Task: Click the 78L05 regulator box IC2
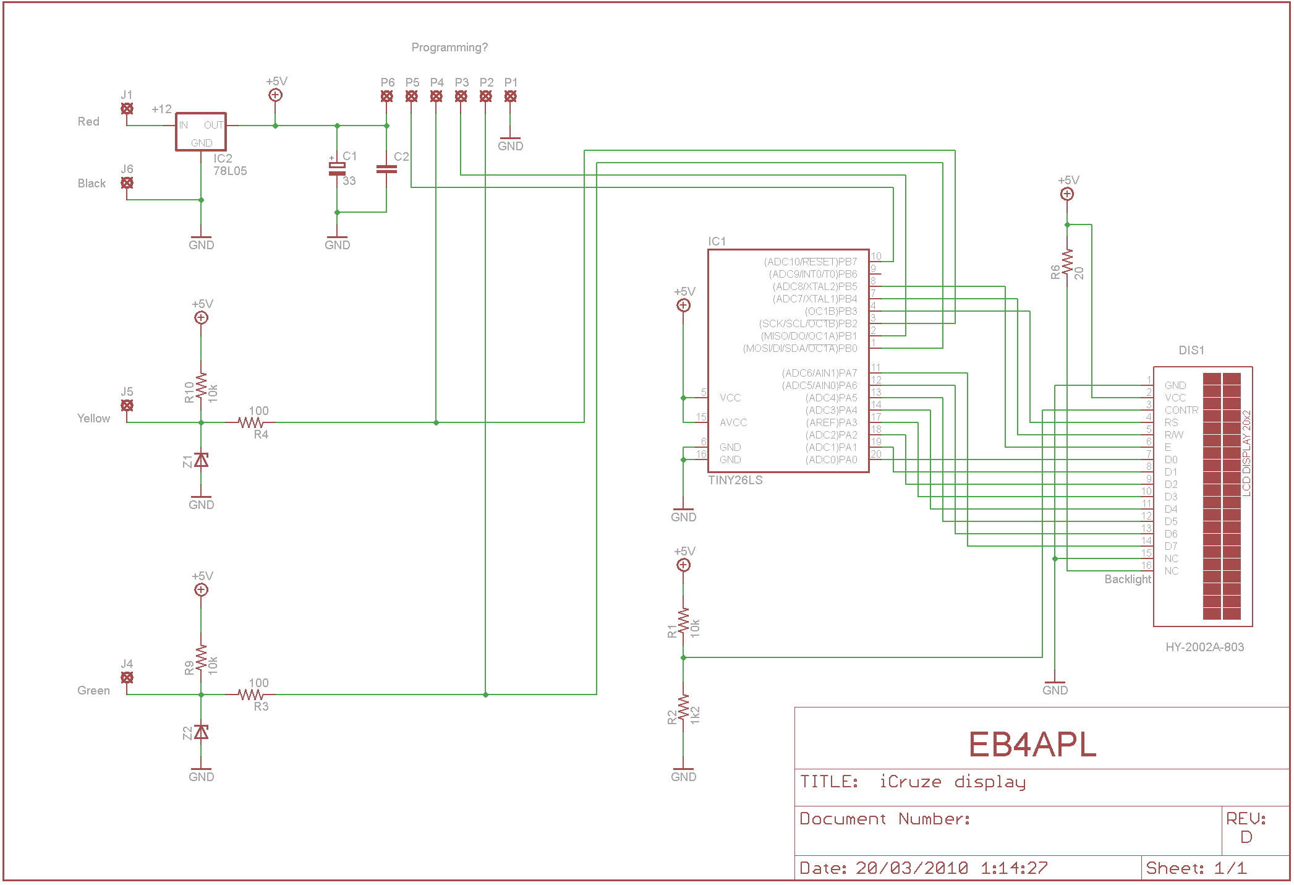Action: (201, 132)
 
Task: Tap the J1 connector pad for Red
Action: (127, 109)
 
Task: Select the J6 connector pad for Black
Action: (127, 183)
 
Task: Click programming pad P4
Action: (436, 96)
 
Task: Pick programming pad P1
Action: (510, 96)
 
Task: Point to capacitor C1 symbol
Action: (337, 169)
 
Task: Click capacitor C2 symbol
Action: (386, 169)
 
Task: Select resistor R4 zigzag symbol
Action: (251, 422)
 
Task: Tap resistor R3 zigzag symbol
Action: (251, 695)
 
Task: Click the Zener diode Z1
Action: (201, 460)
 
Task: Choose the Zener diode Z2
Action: (201, 732)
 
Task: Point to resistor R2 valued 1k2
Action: (683, 710)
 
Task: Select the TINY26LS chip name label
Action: (735, 481)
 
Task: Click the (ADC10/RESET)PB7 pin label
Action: (810, 262)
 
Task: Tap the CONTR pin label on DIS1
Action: (1181, 410)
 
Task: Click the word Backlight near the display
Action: (1128, 579)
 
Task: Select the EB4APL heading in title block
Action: (1032, 745)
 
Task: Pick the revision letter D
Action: (1246, 837)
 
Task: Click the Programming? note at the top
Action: (449, 48)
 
